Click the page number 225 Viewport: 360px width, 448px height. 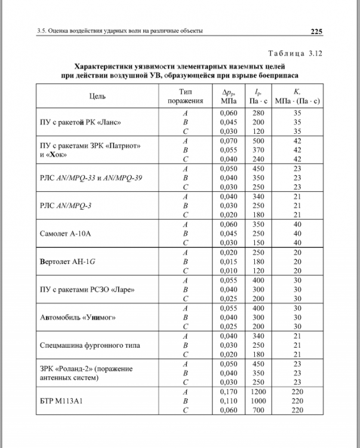[x=316, y=32]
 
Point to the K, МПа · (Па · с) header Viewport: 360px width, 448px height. [x=297, y=96]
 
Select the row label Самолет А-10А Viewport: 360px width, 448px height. [x=65, y=232]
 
